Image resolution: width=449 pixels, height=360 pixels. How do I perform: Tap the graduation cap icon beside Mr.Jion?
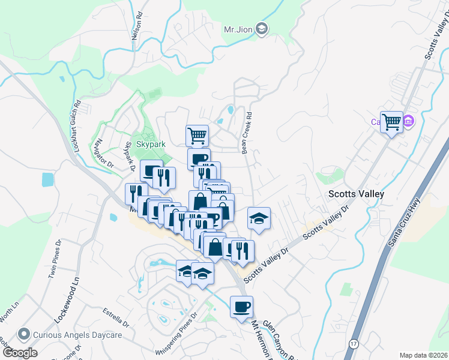click(x=261, y=29)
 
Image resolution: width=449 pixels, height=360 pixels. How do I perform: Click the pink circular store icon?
click(x=409, y=122)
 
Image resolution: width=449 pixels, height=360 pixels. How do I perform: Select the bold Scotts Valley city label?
click(x=355, y=194)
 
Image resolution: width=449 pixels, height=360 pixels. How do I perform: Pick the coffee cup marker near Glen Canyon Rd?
click(x=242, y=307)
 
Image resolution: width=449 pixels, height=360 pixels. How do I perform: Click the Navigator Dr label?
click(x=103, y=155)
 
